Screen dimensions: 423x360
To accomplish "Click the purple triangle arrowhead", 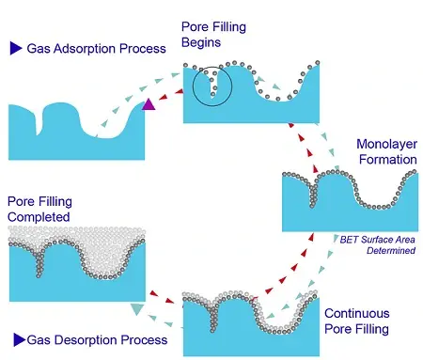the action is click(149, 104).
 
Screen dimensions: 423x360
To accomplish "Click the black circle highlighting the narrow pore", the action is click(193, 86).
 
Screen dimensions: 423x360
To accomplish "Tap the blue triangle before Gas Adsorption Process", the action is click(16, 48).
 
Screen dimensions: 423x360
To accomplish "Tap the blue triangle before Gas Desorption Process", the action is click(20, 340).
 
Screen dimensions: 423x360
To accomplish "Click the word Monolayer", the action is click(386, 145).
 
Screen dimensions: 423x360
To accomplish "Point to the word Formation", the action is click(388, 160).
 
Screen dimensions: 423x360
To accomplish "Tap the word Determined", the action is click(391, 251).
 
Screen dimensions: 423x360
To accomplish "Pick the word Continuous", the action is click(357, 313).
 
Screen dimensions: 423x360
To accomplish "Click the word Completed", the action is click(39, 217).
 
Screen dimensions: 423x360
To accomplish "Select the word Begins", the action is click(201, 42).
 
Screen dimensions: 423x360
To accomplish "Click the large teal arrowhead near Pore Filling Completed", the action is click(137, 308).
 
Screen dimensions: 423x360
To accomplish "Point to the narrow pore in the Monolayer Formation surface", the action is click(313, 195).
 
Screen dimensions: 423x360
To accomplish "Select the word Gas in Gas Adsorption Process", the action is click(39, 49).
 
